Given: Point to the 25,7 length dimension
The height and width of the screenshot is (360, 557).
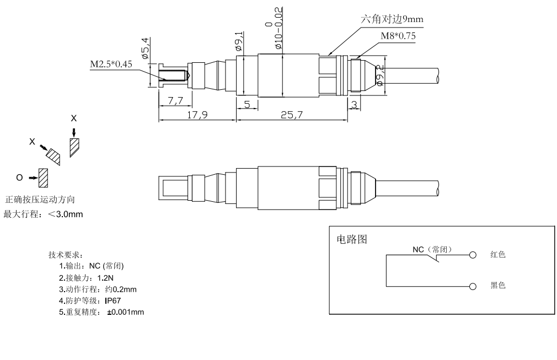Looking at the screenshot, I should pyautogui.click(x=291, y=115).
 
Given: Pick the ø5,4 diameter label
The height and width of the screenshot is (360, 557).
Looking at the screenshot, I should pyautogui.click(x=145, y=48).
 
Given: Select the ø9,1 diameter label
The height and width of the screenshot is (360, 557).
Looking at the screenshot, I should pyautogui.click(x=241, y=40).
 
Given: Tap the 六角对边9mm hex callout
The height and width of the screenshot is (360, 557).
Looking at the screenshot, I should pyautogui.click(x=392, y=19).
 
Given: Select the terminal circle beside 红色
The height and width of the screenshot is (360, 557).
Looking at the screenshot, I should pyautogui.click(x=472, y=255).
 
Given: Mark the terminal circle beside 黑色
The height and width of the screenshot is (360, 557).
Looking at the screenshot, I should pyautogui.click(x=472, y=287).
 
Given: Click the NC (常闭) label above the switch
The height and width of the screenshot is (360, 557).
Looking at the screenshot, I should pyautogui.click(x=433, y=249).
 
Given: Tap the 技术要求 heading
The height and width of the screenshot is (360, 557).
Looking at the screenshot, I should pyautogui.click(x=66, y=255).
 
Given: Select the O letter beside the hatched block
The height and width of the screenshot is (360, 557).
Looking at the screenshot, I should pyautogui.click(x=20, y=178).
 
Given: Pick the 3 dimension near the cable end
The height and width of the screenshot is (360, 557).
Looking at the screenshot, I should pyautogui.click(x=353, y=104).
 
